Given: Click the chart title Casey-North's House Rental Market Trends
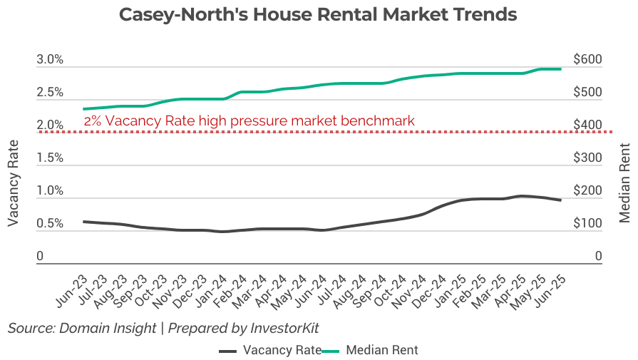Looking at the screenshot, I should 318,15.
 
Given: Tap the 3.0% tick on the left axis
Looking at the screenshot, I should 50,60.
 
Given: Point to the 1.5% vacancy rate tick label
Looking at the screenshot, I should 50,158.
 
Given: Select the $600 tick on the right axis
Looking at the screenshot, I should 588,60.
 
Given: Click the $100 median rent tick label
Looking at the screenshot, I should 588,224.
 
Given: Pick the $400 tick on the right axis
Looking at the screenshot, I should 588,125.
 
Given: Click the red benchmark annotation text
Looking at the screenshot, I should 249,121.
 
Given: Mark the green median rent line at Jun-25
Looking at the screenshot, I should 560,68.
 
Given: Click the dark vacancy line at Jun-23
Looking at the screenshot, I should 84,222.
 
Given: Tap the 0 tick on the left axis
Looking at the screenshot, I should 41,257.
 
